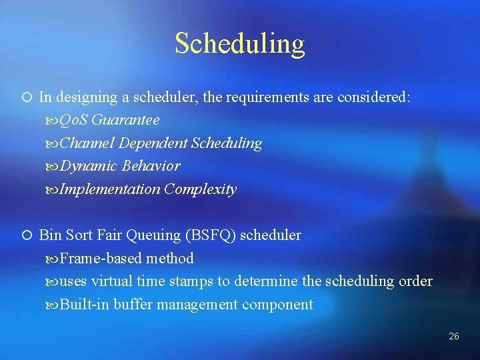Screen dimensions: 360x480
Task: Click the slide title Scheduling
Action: click(240, 43)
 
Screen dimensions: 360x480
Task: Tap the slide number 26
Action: click(454, 336)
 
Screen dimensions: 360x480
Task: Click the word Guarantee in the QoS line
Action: click(125, 120)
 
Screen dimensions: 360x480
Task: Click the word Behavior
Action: click(151, 166)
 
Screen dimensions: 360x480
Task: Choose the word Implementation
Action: click(110, 189)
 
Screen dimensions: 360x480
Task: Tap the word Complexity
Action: click(201, 189)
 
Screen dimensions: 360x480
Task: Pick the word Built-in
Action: click(85, 305)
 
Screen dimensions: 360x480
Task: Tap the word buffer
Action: click(133, 305)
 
